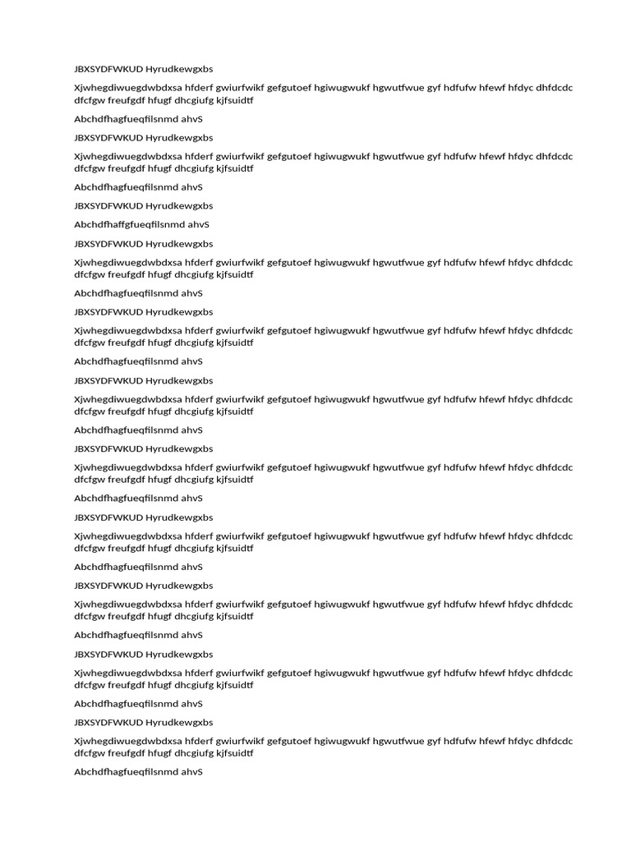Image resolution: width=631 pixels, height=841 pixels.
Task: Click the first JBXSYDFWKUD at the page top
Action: (108, 69)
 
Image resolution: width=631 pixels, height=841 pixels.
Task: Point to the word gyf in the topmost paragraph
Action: (433, 88)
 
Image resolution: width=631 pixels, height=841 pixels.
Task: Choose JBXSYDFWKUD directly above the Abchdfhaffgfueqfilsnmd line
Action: (108, 206)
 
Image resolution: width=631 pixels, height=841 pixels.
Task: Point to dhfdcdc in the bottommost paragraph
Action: (555, 741)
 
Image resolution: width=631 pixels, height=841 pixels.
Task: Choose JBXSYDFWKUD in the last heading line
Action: (108, 723)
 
